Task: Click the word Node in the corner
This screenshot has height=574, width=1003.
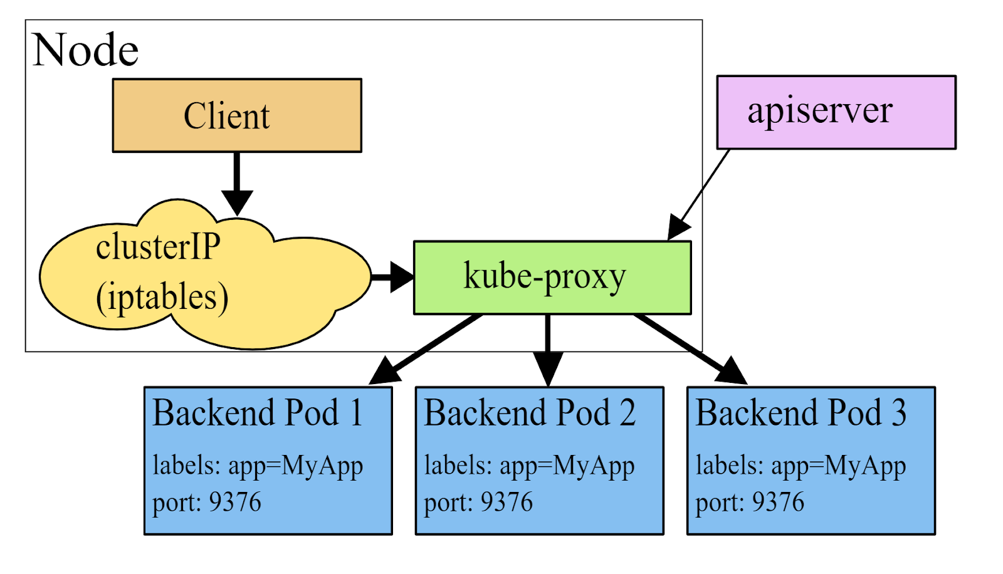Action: coord(85,50)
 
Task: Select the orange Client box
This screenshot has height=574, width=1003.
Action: coord(237,115)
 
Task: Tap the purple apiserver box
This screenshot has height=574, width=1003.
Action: coord(836,112)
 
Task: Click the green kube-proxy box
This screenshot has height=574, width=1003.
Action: coord(552,277)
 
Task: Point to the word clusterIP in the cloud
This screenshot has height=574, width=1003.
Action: coord(158,246)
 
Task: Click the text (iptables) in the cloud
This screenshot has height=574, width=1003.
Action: coord(162,297)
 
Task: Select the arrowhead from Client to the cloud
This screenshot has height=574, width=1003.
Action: coord(237,202)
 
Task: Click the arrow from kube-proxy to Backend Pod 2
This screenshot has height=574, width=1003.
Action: coord(548,351)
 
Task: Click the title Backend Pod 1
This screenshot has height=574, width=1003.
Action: coord(258,413)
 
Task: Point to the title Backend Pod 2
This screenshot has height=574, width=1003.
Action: coord(530,413)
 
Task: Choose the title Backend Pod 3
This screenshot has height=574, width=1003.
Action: coord(801,413)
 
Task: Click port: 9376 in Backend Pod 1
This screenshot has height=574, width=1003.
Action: coord(207,502)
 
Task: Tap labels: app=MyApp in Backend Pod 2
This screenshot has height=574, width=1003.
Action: coord(529,466)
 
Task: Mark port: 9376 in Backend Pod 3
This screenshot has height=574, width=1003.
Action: coord(750,502)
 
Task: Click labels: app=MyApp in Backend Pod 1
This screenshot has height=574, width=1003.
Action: coord(258,466)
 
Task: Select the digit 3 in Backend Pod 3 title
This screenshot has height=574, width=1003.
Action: coord(899,413)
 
